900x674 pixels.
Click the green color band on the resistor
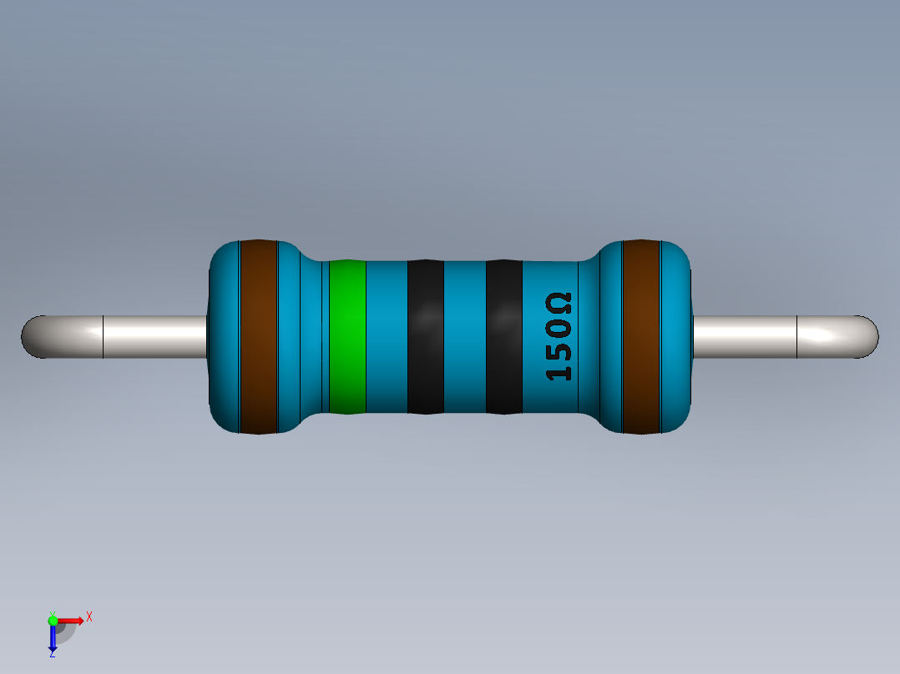[x=347, y=337]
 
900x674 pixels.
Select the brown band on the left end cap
[x=258, y=337]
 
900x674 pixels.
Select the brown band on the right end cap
[x=641, y=337]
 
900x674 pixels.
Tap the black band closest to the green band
[x=425, y=337]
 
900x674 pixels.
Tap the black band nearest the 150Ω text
[x=503, y=337]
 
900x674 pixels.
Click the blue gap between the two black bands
[x=464, y=337]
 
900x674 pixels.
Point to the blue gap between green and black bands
[x=387, y=337]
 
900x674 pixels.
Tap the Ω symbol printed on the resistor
[x=559, y=303]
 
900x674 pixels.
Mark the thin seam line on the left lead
[x=103, y=337]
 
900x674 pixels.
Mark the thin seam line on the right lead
[x=797, y=337]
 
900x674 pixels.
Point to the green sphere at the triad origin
[x=53, y=620]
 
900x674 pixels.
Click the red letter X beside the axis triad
[x=88, y=616]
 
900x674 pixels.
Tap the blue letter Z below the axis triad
[x=52, y=655]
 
